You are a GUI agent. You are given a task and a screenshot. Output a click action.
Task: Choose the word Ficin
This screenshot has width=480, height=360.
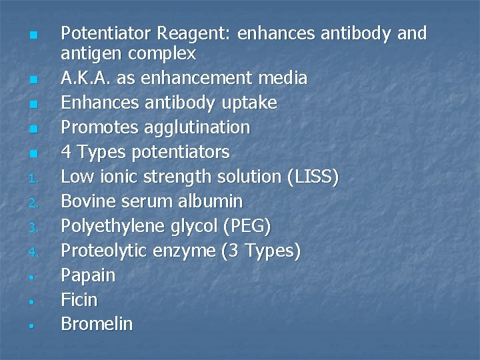pos(79,300)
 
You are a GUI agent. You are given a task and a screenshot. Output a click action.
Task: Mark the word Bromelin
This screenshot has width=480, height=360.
pos(97,325)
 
